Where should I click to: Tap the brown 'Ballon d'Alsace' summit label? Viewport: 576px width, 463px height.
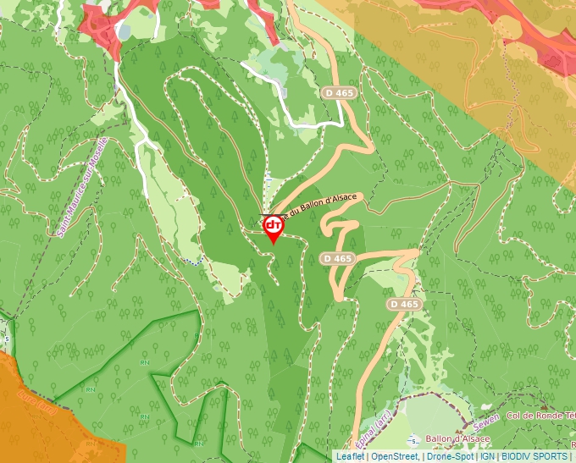(457, 439)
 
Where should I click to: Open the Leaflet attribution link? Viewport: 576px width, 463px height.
(350, 456)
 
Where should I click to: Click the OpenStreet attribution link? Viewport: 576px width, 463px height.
(395, 456)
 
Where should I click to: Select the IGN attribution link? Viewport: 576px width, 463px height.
(487, 456)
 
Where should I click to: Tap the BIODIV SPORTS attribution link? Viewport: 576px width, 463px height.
(534, 456)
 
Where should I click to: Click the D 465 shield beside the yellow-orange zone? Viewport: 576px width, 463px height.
(339, 91)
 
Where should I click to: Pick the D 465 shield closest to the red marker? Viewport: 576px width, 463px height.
(337, 258)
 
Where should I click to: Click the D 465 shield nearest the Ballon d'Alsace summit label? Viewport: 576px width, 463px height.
(404, 304)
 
